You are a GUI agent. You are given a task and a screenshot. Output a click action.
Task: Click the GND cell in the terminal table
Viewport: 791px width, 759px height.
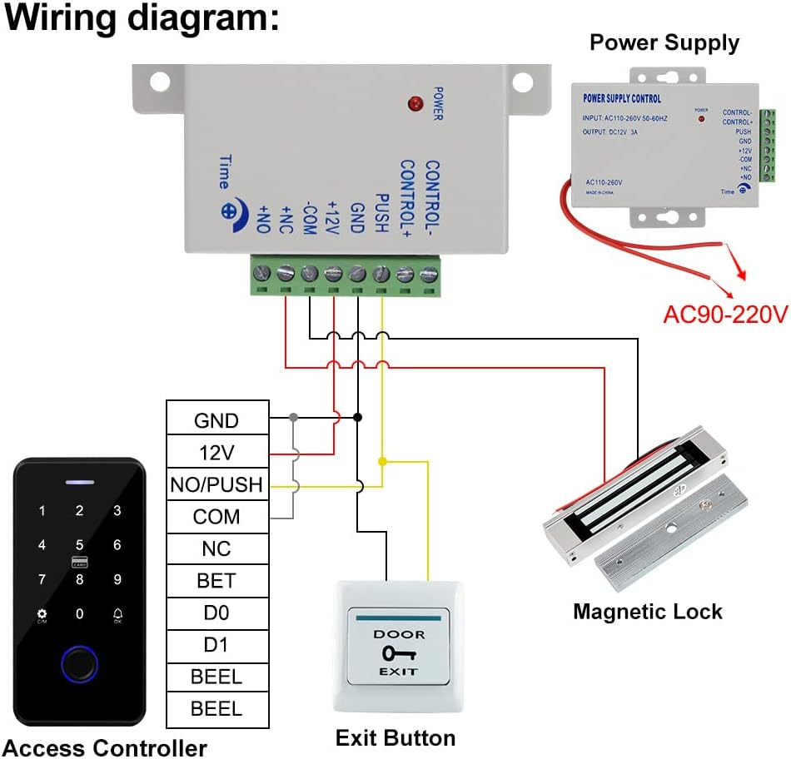point(216,420)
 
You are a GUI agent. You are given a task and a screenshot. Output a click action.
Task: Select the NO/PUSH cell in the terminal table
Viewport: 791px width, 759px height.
point(216,484)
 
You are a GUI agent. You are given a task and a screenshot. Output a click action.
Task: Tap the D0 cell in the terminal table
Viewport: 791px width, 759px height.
point(216,613)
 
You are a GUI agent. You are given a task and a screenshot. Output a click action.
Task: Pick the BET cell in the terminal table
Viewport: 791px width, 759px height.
point(216,581)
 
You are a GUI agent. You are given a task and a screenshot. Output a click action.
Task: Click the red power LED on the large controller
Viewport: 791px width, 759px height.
point(413,105)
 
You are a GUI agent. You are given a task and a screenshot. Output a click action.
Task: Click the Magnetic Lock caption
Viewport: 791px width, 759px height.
point(647,612)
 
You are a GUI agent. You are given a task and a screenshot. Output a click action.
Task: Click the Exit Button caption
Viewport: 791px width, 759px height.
point(395,737)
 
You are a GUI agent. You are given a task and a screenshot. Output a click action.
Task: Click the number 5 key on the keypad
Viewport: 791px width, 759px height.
point(80,544)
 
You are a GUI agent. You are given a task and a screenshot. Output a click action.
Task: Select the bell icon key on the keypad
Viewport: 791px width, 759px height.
point(117,614)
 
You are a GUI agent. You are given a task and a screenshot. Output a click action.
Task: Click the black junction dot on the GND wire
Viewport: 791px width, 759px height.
point(357,416)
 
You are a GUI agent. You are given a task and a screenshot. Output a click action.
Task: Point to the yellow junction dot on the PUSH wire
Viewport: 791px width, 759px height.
point(382,460)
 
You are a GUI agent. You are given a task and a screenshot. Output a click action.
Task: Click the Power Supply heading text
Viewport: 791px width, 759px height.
point(664,42)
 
